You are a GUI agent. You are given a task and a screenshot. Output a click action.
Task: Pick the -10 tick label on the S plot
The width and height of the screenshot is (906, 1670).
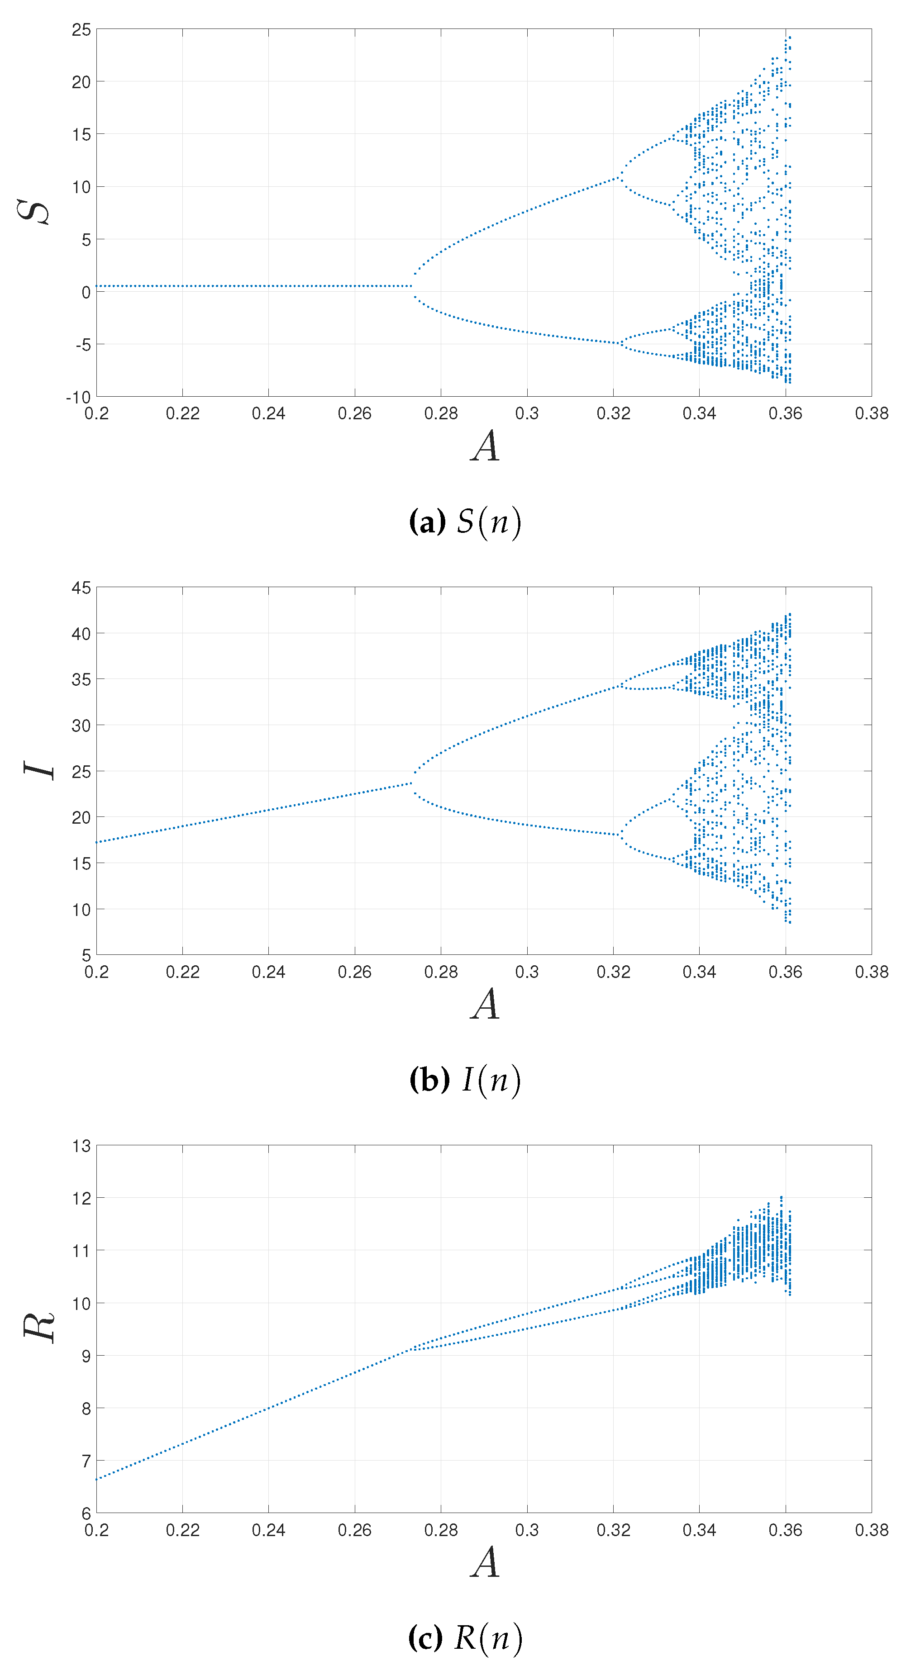pyautogui.click(x=78, y=397)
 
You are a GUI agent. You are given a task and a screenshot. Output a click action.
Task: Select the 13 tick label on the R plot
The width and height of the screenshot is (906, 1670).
pyautogui.click(x=82, y=1146)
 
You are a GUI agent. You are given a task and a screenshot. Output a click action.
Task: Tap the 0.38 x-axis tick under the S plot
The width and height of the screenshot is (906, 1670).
pyautogui.click(x=871, y=413)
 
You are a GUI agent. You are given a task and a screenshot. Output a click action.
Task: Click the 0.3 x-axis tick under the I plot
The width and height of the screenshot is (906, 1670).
pyautogui.click(x=527, y=972)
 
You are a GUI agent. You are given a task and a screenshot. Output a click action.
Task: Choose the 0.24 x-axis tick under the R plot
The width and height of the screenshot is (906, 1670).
pyautogui.click(x=268, y=1530)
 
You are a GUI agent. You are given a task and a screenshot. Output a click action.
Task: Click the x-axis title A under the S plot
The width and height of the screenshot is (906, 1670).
pyautogui.click(x=485, y=446)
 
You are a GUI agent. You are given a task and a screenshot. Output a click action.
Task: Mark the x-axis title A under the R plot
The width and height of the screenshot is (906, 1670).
pyautogui.click(x=485, y=1562)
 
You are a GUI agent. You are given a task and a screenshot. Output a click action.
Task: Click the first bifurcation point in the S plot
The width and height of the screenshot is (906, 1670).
pyautogui.click(x=412, y=286)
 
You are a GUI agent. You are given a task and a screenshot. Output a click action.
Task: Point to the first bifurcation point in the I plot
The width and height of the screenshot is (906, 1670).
pyautogui.click(x=412, y=783)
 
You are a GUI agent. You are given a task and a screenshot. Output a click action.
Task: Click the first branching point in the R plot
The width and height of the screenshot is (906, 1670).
pyautogui.click(x=410, y=1350)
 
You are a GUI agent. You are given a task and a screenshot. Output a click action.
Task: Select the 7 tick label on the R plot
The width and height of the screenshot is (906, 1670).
pyautogui.click(x=86, y=1461)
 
